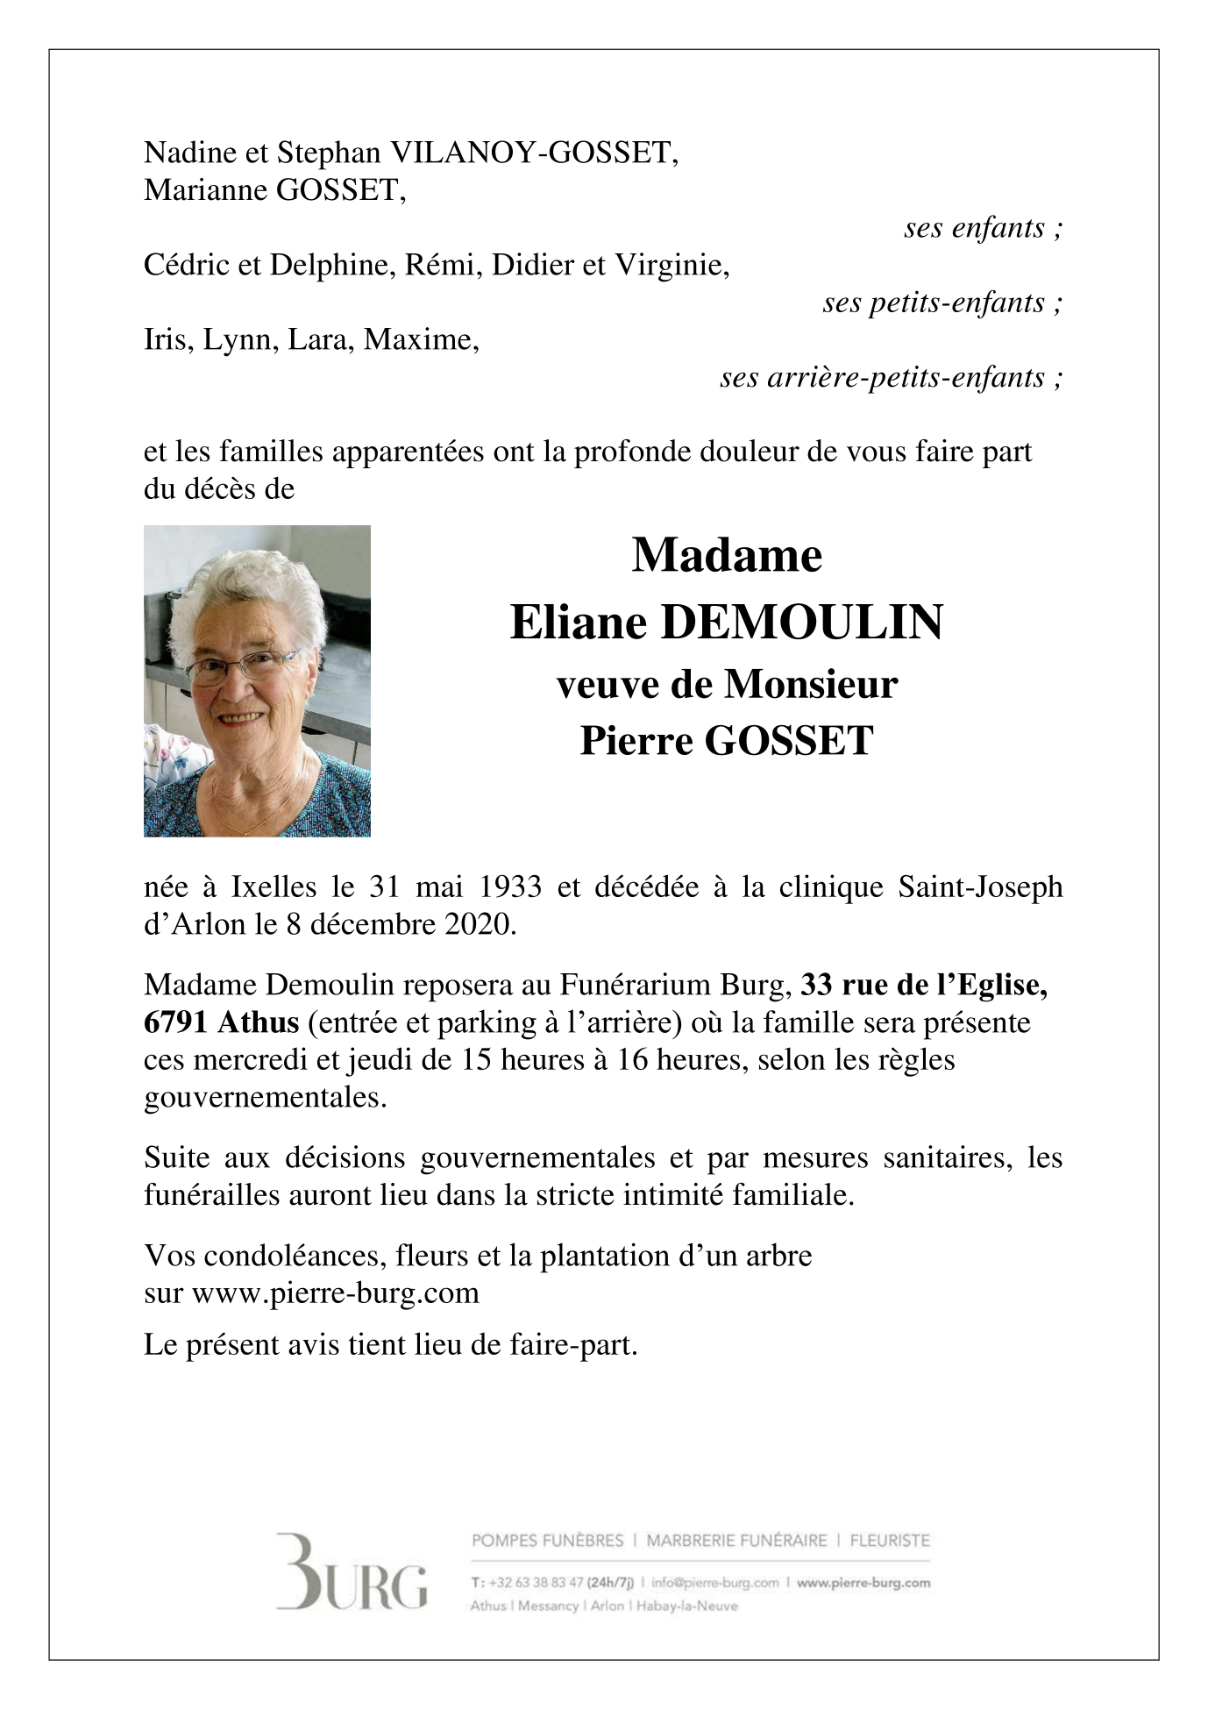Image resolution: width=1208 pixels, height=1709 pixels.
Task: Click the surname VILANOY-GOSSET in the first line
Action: (533, 153)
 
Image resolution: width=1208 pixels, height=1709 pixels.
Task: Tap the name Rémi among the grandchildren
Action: (442, 265)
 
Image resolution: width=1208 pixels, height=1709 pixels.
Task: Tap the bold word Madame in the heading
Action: (727, 555)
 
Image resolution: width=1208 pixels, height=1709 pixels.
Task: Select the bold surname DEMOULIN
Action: (801, 623)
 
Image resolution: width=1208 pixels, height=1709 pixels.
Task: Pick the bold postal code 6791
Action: (175, 1022)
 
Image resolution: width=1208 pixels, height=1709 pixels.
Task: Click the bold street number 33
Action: (816, 986)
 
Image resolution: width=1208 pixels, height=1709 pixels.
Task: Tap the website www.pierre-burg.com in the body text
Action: (335, 1293)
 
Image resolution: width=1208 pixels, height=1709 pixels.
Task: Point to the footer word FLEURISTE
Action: (890, 1541)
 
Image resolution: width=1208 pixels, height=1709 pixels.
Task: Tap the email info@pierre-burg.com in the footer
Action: (715, 1583)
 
